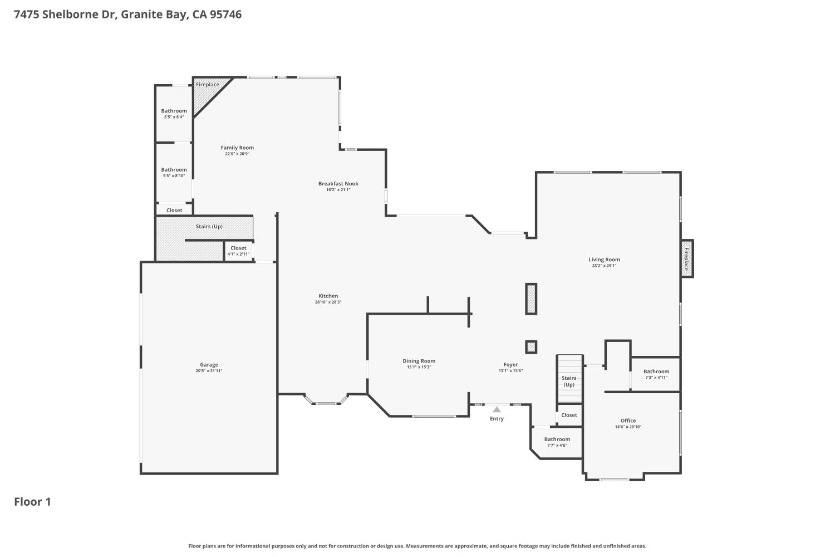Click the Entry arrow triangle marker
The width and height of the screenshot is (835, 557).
click(x=497, y=409)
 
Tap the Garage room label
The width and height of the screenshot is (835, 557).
click(x=209, y=365)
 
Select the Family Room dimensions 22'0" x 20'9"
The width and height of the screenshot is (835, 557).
click(x=237, y=154)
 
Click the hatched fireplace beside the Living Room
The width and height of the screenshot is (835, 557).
click(x=686, y=258)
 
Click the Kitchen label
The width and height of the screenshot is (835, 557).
click(x=328, y=296)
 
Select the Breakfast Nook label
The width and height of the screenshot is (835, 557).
click(x=338, y=183)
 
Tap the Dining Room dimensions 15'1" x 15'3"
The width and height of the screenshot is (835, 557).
click(x=419, y=367)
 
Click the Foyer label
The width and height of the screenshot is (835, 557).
click(x=510, y=365)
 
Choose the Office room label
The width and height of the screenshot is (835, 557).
click(x=628, y=421)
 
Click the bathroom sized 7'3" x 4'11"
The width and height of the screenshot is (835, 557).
click(x=656, y=374)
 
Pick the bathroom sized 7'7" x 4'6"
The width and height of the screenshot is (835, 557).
click(x=557, y=442)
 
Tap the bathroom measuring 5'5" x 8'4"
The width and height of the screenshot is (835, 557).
click(x=174, y=114)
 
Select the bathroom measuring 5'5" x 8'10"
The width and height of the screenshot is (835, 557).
click(x=174, y=172)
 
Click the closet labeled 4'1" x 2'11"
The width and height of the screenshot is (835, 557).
click(x=238, y=251)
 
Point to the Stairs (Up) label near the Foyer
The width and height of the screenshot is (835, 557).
click(x=569, y=381)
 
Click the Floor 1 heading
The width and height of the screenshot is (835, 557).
click(x=32, y=502)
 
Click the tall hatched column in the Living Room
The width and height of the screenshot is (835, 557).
click(x=531, y=299)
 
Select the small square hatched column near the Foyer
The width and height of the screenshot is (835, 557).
click(x=531, y=347)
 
